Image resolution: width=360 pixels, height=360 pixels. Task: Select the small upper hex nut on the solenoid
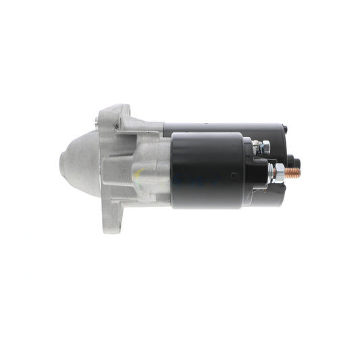coord(265,146)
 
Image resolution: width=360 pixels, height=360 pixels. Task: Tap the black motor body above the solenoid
coord(223,127)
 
